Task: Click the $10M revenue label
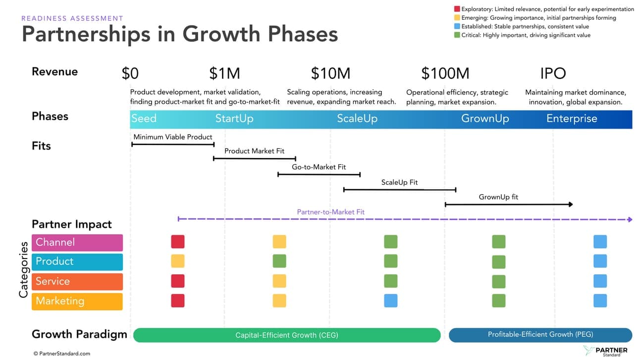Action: tap(330, 73)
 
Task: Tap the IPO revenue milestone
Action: tap(553, 73)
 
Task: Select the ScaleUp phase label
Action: tap(357, 119)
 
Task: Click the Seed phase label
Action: tap(144, 119)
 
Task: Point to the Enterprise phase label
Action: tap(572, 119)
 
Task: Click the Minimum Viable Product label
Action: tap(173, 137)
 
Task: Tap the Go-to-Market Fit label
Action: tap(319, 167)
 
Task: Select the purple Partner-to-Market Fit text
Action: tap(330, 212)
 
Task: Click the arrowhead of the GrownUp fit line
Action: tap(571, 204)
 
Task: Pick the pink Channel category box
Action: tap(77, 242)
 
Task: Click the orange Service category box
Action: tap(77, 281)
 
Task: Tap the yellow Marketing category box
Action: tap(77, 301)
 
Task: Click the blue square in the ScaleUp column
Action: tap(390, 301)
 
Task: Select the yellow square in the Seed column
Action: tap(177, 261)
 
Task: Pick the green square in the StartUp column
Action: tap(279, 261)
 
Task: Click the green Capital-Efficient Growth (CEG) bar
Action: tap(286, 335)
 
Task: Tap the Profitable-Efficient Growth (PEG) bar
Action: tap(540, 335)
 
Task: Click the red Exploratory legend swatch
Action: tap(457, 9)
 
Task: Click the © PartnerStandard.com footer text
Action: tap(62, 354)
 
